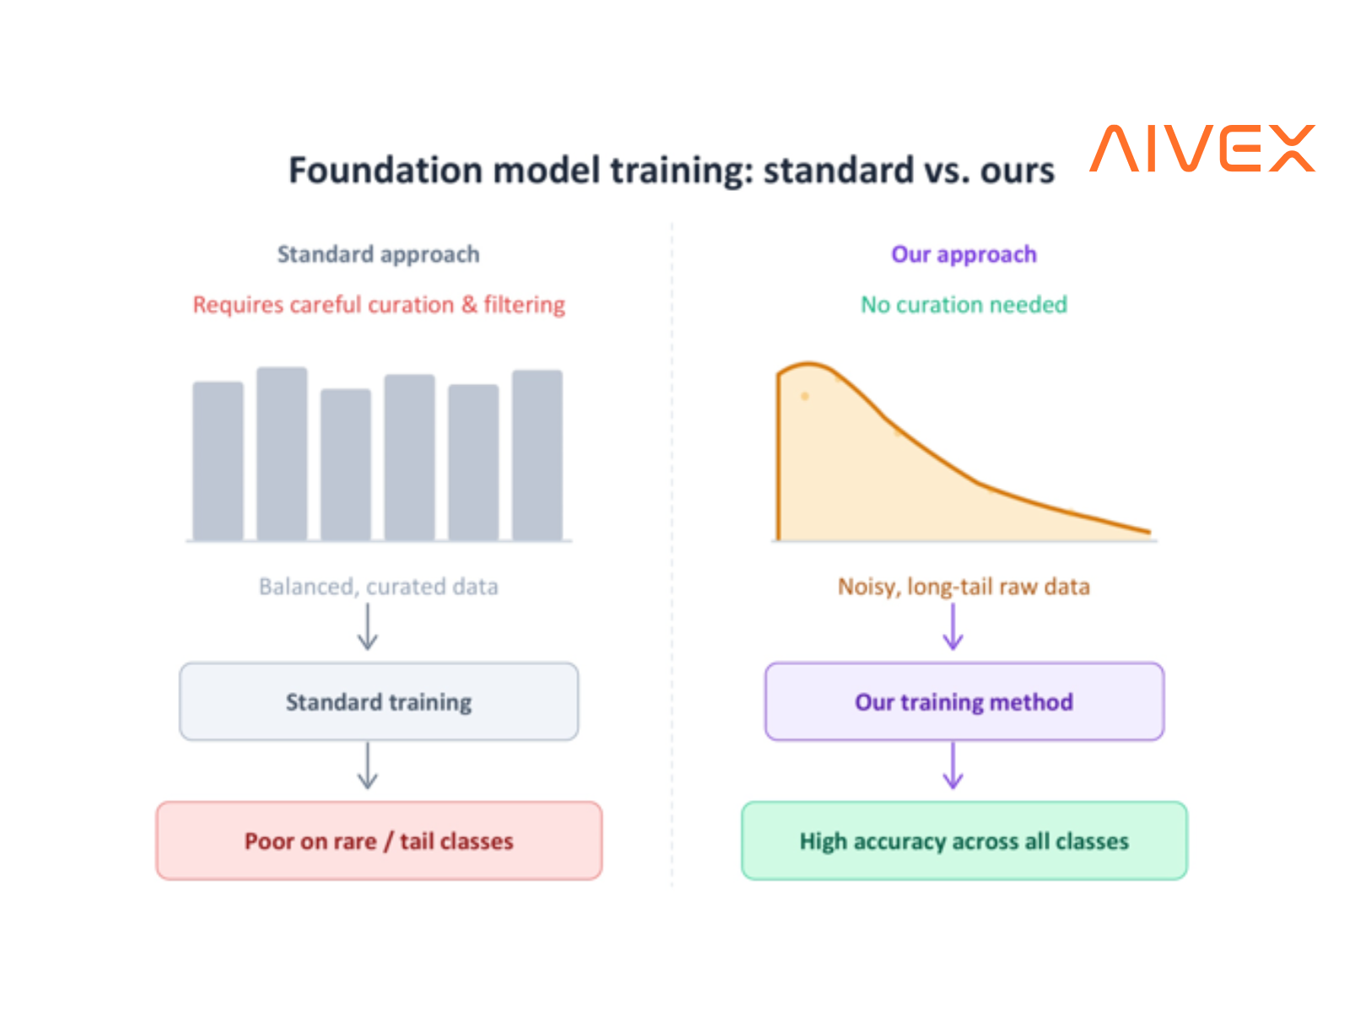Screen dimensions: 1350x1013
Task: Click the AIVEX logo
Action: (x=1201, y=148)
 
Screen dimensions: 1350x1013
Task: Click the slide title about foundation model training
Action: (x=671, y=171)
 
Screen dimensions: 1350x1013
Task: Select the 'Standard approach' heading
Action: (x=378, y=254)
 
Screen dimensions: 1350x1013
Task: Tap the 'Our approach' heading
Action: (x=964, y=254)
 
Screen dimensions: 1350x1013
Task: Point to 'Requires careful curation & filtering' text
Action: (x=378, y=304)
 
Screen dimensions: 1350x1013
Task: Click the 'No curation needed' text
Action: (x=964, y=304)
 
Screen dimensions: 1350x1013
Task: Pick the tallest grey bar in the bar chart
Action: (x=282, y=453)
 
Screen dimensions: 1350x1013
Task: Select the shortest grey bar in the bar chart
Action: (x=345, y=463)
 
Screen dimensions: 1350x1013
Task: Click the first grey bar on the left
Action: (x=218, y=461)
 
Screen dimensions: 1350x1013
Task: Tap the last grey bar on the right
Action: (x=537, y=454)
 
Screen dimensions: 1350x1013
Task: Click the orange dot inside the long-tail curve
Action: (x=804, y=396)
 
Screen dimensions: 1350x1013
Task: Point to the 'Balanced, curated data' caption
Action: (x=378, y=586)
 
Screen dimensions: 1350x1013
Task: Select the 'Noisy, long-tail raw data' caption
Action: (x=964, y=586)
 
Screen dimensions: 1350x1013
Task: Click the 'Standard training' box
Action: (x=378, y=701)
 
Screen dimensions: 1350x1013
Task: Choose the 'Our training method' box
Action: (x=964, y=701)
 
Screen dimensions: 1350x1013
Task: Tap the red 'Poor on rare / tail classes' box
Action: (x=378, y=840)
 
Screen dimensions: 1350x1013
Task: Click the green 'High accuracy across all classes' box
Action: (x=964, y=840)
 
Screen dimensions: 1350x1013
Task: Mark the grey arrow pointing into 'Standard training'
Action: (x=367, y=626)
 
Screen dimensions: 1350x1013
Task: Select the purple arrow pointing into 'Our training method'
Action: (x=953, y=626)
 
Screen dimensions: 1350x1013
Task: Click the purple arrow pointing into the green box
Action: (x=953, y=765)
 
